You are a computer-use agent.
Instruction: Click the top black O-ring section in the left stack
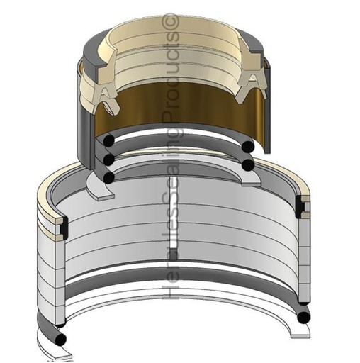(x=109, y=140)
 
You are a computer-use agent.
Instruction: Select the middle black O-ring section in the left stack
(x=109, y=160)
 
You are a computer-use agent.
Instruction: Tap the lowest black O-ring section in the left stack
(x=109, y=177)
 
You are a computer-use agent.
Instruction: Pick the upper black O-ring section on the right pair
(x=248, y=147)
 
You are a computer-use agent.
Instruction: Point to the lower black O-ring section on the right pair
(x=248, y=165)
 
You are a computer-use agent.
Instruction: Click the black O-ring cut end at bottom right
(x=304, y=317)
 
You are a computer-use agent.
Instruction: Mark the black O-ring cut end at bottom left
(x=60, y=340)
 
